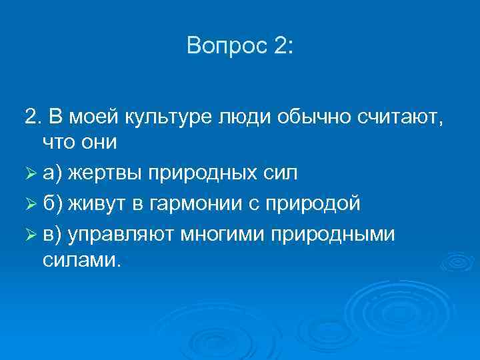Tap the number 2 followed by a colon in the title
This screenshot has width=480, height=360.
click(281, 46)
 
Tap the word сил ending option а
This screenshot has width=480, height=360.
click(281, 173)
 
